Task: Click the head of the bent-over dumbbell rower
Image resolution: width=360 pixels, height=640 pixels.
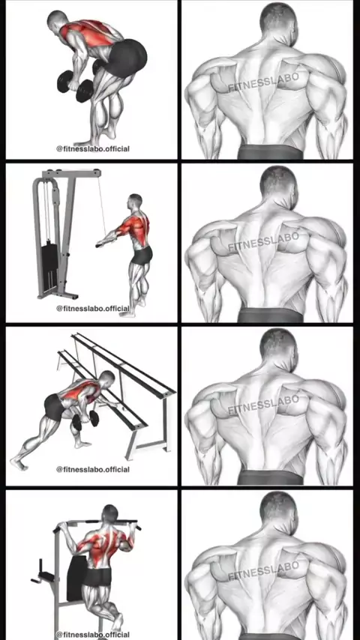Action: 57,20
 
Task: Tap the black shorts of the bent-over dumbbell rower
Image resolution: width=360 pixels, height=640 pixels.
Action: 127,57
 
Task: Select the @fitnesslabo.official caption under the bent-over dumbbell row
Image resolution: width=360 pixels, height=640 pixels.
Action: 93,149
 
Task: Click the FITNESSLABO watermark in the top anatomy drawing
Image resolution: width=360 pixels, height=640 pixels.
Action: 263,82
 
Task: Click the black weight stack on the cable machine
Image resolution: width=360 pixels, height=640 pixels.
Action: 49,262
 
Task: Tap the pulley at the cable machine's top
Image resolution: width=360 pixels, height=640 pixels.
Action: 97,173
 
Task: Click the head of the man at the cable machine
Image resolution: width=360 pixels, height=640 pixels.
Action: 135,202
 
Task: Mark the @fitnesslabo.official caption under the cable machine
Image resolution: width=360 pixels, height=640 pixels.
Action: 93,309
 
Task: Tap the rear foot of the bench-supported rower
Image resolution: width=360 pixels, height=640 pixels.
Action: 19,462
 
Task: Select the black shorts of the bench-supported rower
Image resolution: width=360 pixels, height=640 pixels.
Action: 55,406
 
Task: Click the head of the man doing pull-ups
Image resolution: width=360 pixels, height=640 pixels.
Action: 110,514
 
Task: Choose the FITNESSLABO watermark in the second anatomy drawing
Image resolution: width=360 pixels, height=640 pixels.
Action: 263,241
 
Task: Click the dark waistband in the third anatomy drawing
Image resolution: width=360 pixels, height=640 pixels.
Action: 271,477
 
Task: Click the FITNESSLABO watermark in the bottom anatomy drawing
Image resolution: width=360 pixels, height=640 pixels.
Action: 263,570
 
